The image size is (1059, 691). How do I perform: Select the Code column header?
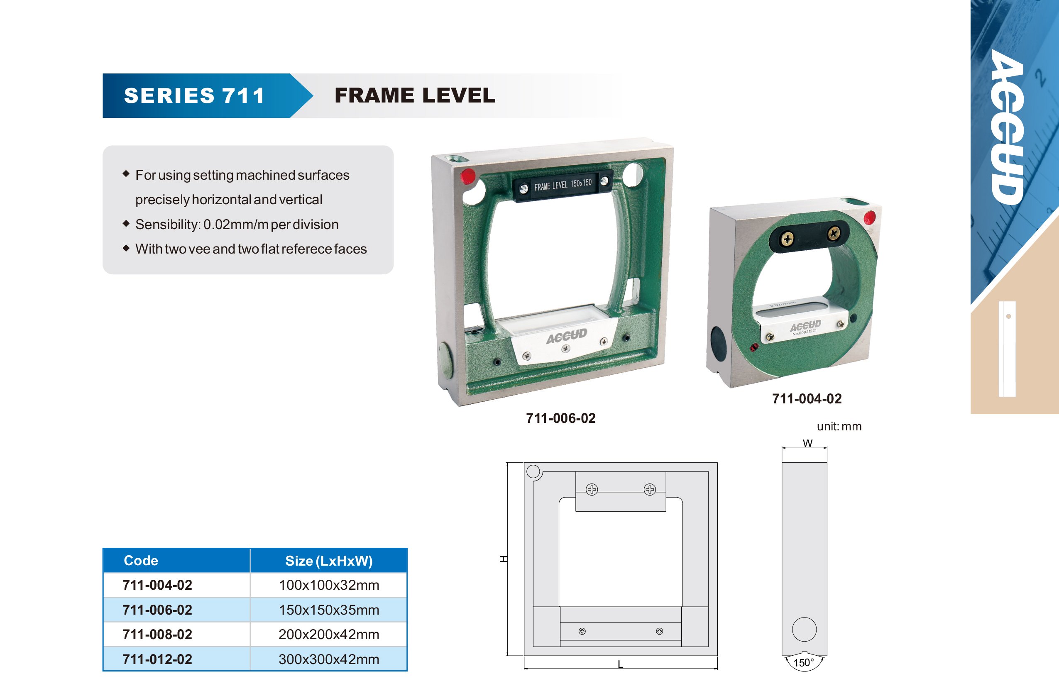point(141,561)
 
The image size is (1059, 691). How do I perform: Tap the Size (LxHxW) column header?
point(329,561)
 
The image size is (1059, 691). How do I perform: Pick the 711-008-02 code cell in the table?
point(157,635)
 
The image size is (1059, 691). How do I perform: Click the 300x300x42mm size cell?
point(329,659)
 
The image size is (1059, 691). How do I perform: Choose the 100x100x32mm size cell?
point(329,585)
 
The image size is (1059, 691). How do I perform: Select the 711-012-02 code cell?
point(157,659)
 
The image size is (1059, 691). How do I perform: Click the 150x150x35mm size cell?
point(329,610)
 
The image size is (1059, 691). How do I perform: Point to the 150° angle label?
point(804,662)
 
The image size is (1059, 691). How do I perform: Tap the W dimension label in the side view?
point(807,443)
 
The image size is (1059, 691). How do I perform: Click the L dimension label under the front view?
point(620,664)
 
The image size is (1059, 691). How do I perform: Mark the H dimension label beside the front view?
point(503,559)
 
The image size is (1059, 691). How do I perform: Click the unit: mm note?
point(839,426)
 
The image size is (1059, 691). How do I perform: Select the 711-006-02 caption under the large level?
point(561,418)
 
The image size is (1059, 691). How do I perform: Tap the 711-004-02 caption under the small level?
point(807,399)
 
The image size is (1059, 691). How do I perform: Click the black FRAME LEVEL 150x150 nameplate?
point(563,185)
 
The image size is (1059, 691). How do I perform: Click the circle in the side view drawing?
point(804,629)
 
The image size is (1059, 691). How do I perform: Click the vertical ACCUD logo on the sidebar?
point(1008,127)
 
